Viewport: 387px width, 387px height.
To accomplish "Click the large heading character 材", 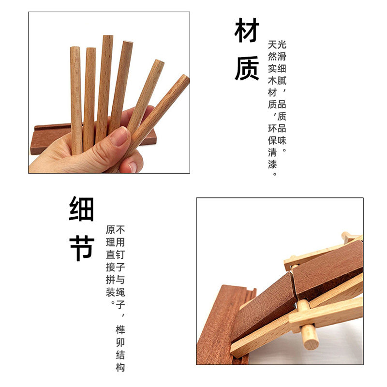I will coord(247,31).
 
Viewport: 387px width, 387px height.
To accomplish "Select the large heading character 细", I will coord(81,208).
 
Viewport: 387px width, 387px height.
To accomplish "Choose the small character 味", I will coord(282,140).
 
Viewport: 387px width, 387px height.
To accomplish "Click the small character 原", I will coord(110,230).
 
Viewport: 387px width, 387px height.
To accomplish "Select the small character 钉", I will coord(120,254).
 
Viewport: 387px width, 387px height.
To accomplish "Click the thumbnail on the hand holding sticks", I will coord(119,137).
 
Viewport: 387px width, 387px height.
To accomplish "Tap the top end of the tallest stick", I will coord(107,37).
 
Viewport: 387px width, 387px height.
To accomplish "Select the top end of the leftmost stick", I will coord(75,49).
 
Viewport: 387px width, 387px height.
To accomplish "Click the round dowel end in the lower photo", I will coord(310,342).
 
